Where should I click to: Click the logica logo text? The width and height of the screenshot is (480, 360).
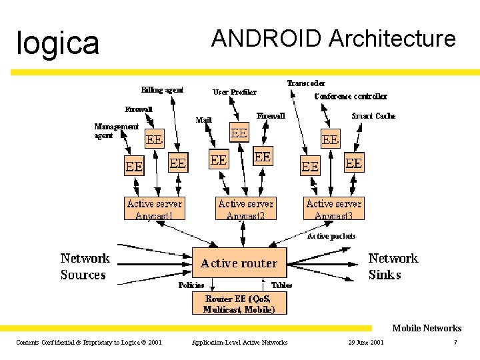tap(58, 43)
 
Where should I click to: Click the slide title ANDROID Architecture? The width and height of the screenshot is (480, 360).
tap(333, 39)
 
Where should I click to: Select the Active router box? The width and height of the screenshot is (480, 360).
tap(239, 263)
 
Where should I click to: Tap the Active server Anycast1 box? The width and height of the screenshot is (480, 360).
tap(154, 209)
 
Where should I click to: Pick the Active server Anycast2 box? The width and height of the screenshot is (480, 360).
tap(245, 209)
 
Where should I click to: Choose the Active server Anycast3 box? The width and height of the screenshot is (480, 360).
tap(334, 209)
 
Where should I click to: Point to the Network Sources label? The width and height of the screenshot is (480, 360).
tap(85, 267)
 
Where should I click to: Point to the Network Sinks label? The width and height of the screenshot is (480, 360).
tap(393, 267)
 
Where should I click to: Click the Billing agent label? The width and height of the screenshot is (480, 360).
tap(162, 90)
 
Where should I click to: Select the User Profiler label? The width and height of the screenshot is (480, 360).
tap(235, 92)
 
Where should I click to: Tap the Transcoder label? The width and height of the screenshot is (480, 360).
tap(306, 83)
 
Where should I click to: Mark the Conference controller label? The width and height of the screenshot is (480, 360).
tap(351, 97)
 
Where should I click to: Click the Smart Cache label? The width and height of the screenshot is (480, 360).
tap(373, 116)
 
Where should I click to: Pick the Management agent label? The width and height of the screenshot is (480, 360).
tap(116, 131)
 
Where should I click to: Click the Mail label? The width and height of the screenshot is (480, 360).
tap(203, 121)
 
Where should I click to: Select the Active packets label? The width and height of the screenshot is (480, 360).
tap(331, 236)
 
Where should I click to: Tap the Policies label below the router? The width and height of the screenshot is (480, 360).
tap(191, 285)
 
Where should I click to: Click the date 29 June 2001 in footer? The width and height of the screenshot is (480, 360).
tap(366, 343)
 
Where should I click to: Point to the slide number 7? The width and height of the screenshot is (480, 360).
tap(455, 343)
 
